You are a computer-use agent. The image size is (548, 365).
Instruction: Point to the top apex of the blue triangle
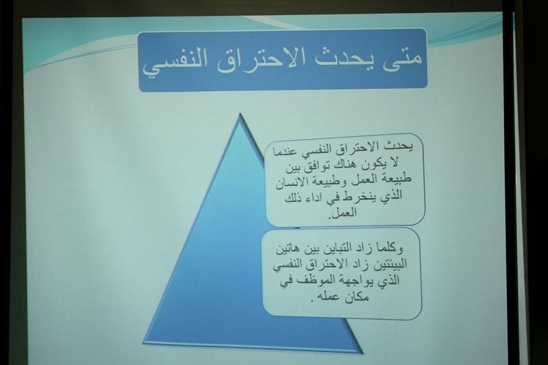(x=240, y=114)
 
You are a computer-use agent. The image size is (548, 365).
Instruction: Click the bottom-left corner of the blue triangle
(x=144, y=342)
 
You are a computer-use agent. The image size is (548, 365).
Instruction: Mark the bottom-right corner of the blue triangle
(x=362, y=353)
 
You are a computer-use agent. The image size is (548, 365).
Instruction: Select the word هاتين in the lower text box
(x=287, y=249)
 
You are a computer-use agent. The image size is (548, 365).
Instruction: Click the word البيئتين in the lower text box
(x=390, y=264)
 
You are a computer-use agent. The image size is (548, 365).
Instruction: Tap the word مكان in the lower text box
(x=357, y=297)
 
